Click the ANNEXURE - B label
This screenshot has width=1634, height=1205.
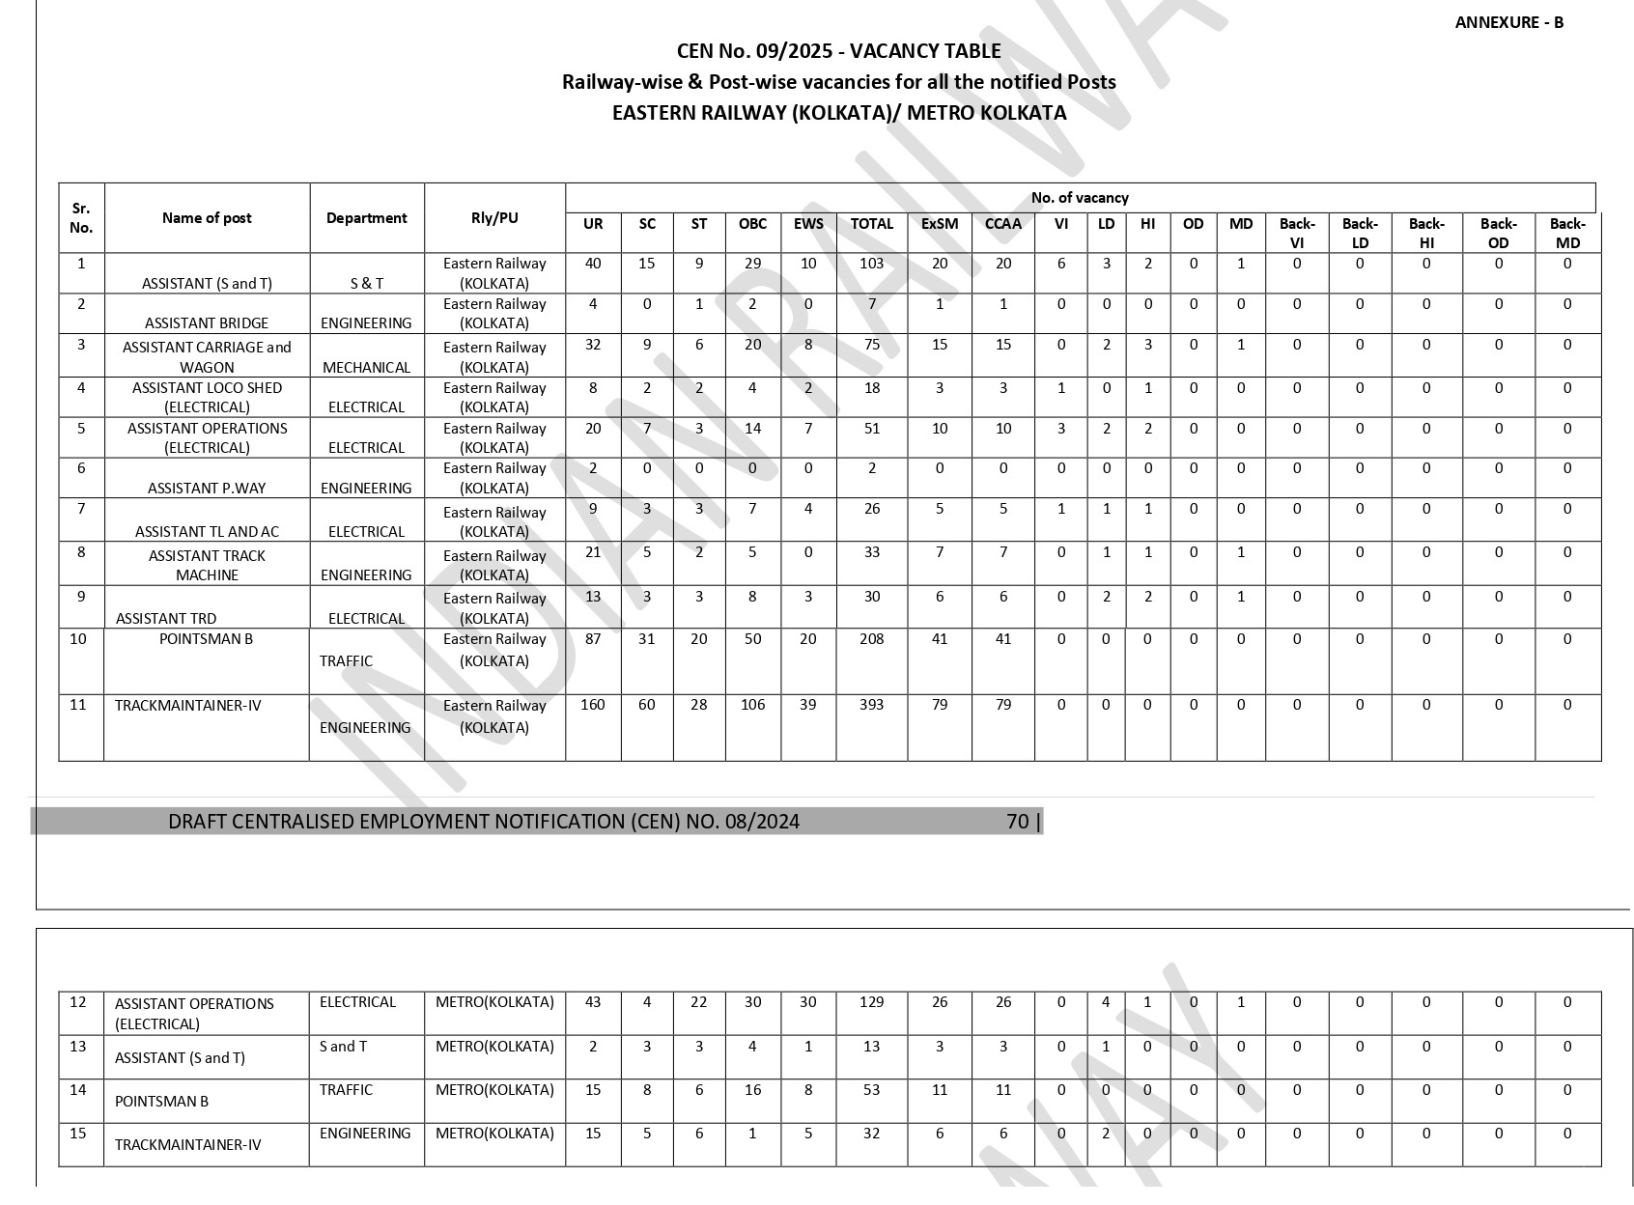1508,22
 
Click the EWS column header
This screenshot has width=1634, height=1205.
808,224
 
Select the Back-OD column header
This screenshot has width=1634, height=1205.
1498,233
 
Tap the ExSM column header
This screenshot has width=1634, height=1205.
940,224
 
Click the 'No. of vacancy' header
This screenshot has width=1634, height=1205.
1080,198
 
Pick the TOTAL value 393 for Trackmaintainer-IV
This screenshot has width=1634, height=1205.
871,705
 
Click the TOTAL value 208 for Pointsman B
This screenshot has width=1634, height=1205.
871,639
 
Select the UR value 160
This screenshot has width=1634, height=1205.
593,705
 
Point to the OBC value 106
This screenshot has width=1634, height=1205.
752,705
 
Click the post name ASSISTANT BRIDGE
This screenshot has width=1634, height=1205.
207,322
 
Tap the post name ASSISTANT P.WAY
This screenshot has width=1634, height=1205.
207,488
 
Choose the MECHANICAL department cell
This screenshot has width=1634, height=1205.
366,367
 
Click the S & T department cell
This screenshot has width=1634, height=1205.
366,283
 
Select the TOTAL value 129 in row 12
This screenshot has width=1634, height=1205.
871,1002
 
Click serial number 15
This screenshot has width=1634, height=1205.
78,1134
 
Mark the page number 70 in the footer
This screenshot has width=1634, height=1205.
1018,822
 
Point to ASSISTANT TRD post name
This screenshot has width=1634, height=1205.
166,618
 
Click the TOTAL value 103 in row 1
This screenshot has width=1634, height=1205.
871,264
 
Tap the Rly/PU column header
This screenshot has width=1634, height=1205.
494,218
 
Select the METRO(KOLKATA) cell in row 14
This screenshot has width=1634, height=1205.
494,1090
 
